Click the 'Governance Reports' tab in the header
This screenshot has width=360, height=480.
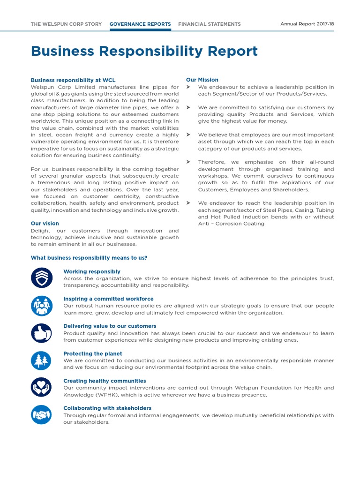click(x=140, y=24)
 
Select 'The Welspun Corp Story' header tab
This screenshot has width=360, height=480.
click(x=66, y=24)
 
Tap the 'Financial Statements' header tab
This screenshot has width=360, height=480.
click(x=210, y=24)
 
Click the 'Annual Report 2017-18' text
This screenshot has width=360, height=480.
click(x=307, y=24)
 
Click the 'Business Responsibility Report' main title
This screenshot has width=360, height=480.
click(x=144, y=51)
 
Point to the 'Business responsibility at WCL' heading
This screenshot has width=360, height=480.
click(x=73, y=80)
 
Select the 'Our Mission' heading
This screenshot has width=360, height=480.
click(x=202, y=80)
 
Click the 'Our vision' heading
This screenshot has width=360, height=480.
click(x=45, y=224)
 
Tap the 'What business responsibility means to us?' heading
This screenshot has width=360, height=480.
click(x=89, y=257)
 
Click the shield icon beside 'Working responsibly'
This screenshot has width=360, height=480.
click(x=41, y=278)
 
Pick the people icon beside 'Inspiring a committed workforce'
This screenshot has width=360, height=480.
click(x=41, y=306)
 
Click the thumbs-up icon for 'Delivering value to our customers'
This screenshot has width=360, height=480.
click(x=41, y=333)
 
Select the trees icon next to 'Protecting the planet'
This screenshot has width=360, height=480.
click(x=41, y=360)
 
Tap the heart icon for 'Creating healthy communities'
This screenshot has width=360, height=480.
click(x=41, y=388)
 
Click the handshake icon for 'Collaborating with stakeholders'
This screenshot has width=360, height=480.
click(x=41, y=415)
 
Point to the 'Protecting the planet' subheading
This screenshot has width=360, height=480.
click(x=93, y=353)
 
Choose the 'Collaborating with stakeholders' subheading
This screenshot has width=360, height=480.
click(x=107, y=408)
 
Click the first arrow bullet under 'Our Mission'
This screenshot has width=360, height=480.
click(x=188, y=87)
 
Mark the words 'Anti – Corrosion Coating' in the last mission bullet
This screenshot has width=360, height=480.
click(x=231, y=224)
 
